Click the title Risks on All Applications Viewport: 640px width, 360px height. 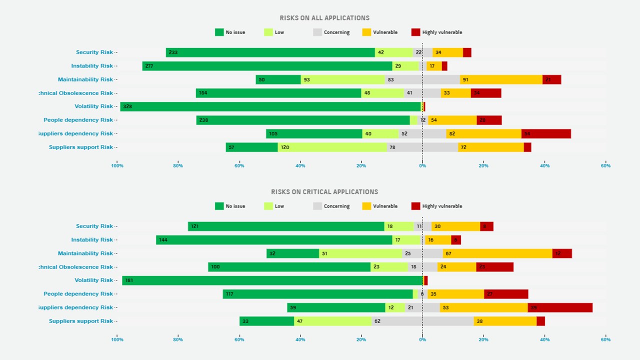pyautogui.click(x=324, y=18)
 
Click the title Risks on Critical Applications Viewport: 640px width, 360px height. pyautogui.click(x=324, y=192)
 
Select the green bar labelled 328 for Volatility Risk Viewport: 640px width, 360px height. pyautogui.click(x=270, y=106)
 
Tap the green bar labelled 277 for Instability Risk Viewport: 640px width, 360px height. pyautogui.click(x=267, y=66)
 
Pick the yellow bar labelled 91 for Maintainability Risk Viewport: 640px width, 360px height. pyautogui.click(x=501, y=79)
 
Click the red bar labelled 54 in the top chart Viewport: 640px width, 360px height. pyautogui.click(x=546, y=134)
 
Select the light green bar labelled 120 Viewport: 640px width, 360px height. pyautogui.click(x=332, y=147)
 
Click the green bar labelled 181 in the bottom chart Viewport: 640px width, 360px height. pyautogui.click(x=272, y=280)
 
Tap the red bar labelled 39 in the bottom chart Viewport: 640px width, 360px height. pyautogui.click(x=560, y=307)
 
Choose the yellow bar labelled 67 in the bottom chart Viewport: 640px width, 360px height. pyautogui.click(x=497, y=253)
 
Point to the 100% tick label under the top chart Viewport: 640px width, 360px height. pyautogui.click(x=117, y=165)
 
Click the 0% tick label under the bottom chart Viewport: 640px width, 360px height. pyautogui.click(x=422, y=339)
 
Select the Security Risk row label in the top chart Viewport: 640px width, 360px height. pyautogui.click(x=94, y=52)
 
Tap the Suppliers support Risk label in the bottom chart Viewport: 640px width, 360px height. pyautogui.click(x=81, y=321)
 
